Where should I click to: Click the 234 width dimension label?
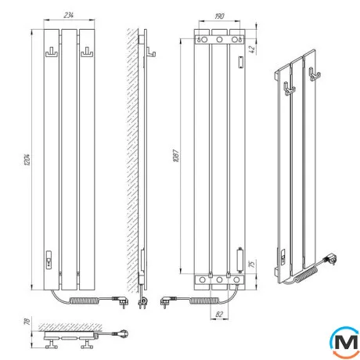(x=69, y=16)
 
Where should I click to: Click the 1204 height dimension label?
(x=27, y=160)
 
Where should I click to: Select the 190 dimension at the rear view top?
(x=219, y=16)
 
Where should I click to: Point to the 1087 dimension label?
(x=176, y=156)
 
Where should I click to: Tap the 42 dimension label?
(x=251, y=49)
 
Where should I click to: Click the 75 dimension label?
(x=251, y=264)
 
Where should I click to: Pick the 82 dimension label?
(x=219, y=315)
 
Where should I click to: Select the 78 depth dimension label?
(x=27, y=322)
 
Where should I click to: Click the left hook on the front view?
(x=52, y=52)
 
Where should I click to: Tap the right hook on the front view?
(x=87, y=52)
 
